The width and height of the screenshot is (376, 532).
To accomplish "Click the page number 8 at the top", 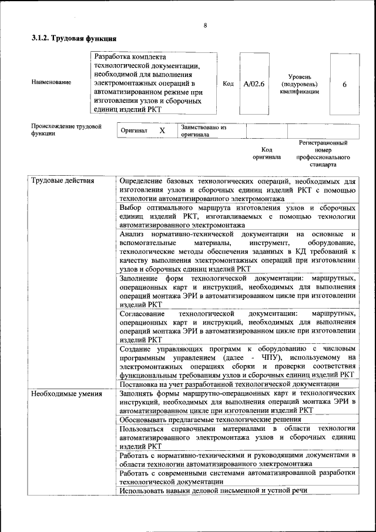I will click(x=205, y=25).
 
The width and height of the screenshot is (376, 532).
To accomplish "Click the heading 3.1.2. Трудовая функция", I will click(x=73, y=39).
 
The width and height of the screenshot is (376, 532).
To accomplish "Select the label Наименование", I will click(x=51, y=83).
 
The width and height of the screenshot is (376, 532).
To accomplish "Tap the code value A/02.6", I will click(x=254, y=83).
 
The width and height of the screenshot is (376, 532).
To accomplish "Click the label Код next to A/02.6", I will click(x=229, y=83).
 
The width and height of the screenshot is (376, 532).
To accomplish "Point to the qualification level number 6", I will click(x=344, y=84).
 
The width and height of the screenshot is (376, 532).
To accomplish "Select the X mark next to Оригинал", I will click(x=162, y=130).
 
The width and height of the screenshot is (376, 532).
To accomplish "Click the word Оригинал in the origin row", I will click(x=133, y=131).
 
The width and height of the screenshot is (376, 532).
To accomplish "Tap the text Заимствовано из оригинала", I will click(x=203, y=130).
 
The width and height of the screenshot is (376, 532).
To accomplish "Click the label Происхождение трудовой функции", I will click(x=66, y=129).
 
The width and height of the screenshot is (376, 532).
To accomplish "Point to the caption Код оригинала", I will click(x=267, y=153).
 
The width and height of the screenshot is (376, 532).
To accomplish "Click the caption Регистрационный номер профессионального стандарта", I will click(x=323, y=154).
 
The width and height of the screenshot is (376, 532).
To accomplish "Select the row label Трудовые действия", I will click(x=62, y=180).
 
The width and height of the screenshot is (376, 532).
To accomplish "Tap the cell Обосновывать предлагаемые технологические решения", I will click(x=210, y=420).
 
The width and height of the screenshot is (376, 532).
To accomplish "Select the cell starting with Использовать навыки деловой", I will click(x=213, y=490).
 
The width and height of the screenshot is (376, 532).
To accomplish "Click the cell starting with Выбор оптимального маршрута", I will click(x=237, y=216).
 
